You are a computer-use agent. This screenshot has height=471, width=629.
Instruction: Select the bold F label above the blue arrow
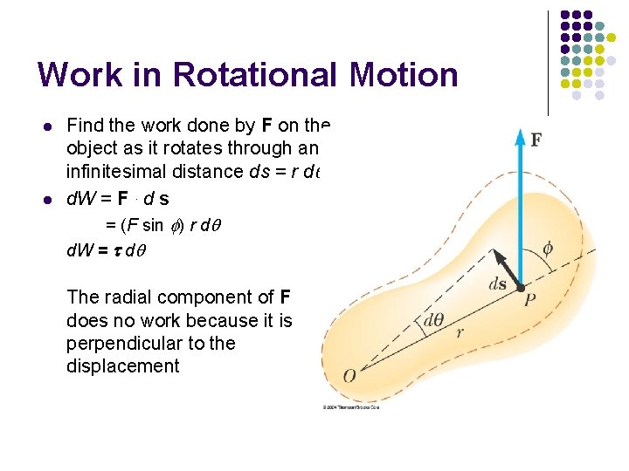(x=536, y=140)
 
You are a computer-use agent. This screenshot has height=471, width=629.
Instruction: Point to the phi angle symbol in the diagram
(x=547, y=249)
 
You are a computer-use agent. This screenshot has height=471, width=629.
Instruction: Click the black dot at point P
(x=521, y=287)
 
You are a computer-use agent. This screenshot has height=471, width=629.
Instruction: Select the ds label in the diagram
(x=499, y=284)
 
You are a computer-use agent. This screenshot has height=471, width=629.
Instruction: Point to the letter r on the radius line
(x=460, y=331)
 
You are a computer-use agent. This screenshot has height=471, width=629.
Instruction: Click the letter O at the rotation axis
(x=349, y=376)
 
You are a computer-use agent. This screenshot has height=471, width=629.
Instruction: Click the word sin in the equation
(x=153, y=226)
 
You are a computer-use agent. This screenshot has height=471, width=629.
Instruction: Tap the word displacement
(x=122, y=366)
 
